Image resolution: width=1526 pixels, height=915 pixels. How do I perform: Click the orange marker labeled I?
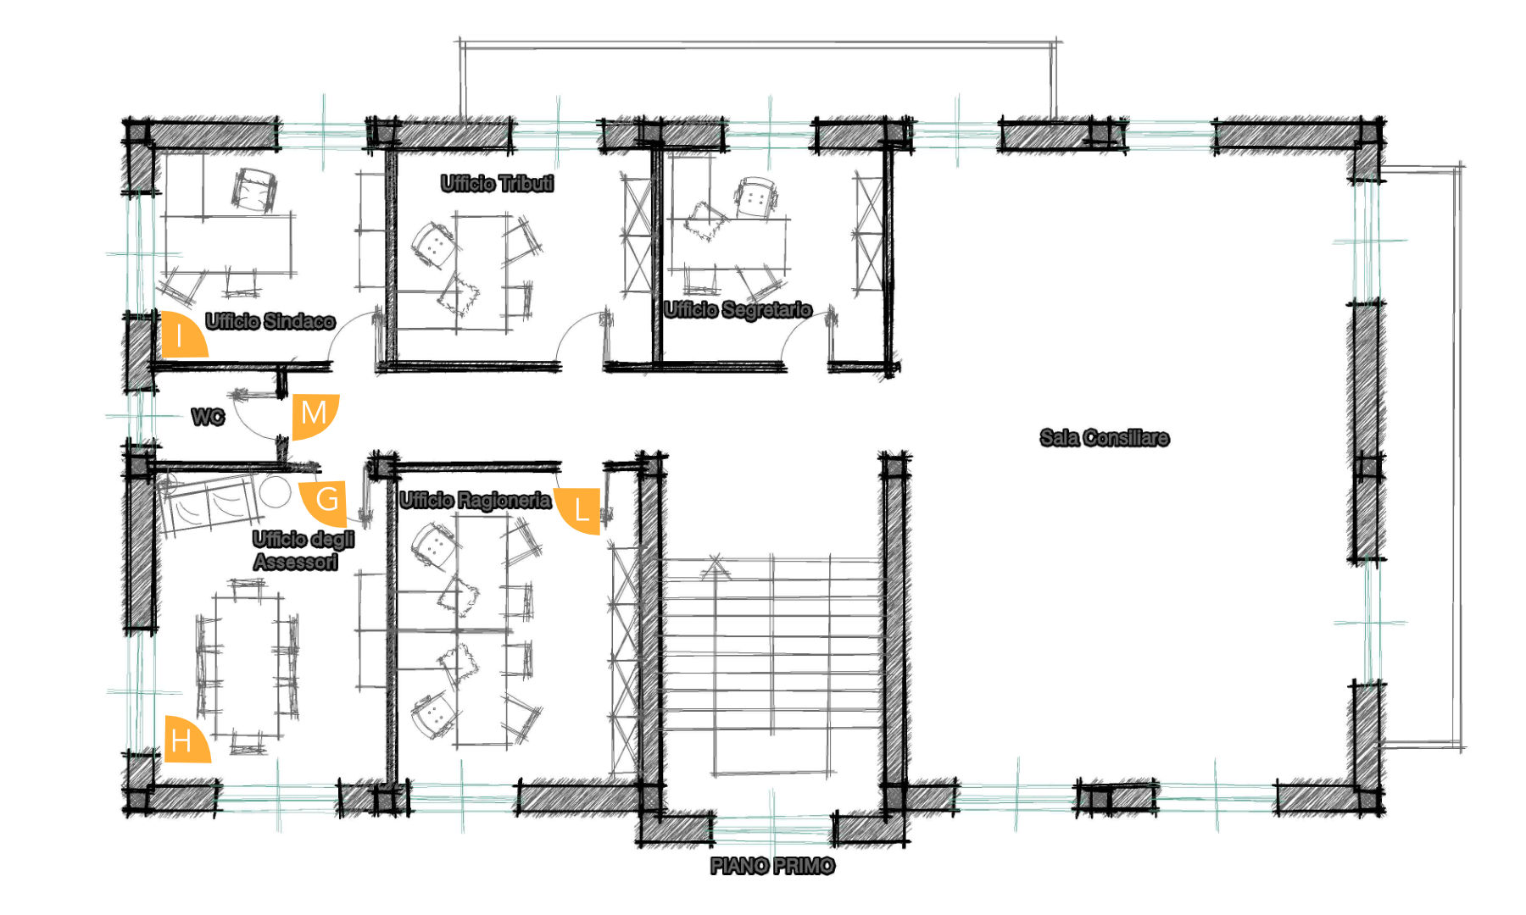pyautogui.click(x=181, y=335)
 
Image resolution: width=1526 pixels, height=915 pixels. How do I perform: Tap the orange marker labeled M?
pyautogui.click(x=314, y=414)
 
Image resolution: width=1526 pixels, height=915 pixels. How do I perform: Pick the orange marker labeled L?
pyautogui.click(x=580, y=510)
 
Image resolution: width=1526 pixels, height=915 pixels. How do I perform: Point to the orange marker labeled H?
pyautogui.click(x=183, y=741)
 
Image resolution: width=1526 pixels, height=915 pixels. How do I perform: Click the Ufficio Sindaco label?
pyautogui.click(x=270, y=321)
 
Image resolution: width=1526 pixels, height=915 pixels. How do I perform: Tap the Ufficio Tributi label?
pyautogui.click(x=498, y=184)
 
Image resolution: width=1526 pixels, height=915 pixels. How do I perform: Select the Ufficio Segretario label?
pyautogui.click(x=738, y=310)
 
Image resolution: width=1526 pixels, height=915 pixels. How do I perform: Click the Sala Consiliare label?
pyautogui.click(x=1105, y=438)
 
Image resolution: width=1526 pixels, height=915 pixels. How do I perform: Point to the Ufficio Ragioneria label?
pyautogui.click(x=476, y=501)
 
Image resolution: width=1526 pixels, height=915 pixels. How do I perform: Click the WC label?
pyautogui.click(x=208, y=417)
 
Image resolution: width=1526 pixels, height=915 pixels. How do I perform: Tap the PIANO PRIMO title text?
pyautogui.click(x=772, y=866)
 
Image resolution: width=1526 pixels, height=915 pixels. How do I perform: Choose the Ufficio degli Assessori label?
pyautogui.click(x=303, y=551)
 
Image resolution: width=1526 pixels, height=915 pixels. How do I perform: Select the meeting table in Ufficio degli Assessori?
pyautogui.click(x=248, y=668)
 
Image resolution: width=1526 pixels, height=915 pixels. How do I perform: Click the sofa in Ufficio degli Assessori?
pyautogui.click(x=209, y=504)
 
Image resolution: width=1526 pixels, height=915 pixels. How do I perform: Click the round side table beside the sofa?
pyautogui.click(x=275, y=492)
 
